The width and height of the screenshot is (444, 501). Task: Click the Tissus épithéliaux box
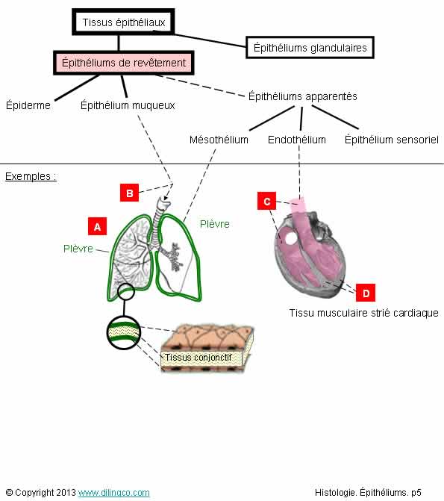click(x=123, y=22)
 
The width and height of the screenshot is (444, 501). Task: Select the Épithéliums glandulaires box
click(x=310, y=47)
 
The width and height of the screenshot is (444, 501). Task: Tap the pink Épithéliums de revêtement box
click(x=124, y=63)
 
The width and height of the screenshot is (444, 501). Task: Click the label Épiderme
click(x=28, y=105)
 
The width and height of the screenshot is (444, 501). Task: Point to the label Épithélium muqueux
click(x=128, y=105)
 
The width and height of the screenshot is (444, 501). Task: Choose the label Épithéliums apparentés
click(x=302, y=96)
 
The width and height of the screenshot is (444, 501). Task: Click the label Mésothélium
click(x=219, y=140)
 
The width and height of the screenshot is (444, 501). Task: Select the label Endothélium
click(x=297, y=140)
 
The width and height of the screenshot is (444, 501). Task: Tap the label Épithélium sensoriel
click(x=391, y=140)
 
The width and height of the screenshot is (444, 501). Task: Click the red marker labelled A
click(x=98, y=226)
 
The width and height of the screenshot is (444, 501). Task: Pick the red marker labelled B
click(x=129, y=193)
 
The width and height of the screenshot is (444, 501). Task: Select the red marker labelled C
click(x=266, y=201)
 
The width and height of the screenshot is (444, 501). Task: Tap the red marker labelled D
click(x=366, y=293)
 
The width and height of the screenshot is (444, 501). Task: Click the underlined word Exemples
click(x=28, y=176)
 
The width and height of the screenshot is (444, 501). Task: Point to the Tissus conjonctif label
click(x=198, y=357)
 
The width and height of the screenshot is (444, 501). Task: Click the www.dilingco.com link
click(x=113, y=492)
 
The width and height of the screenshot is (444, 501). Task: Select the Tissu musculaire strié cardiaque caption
click(x=363, y=313)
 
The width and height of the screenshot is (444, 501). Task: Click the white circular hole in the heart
click(x=291, y=238)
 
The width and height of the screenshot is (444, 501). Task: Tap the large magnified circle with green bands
click(x=124, y=332)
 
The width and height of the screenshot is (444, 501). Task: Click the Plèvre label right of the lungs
click(x=215, y=224)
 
